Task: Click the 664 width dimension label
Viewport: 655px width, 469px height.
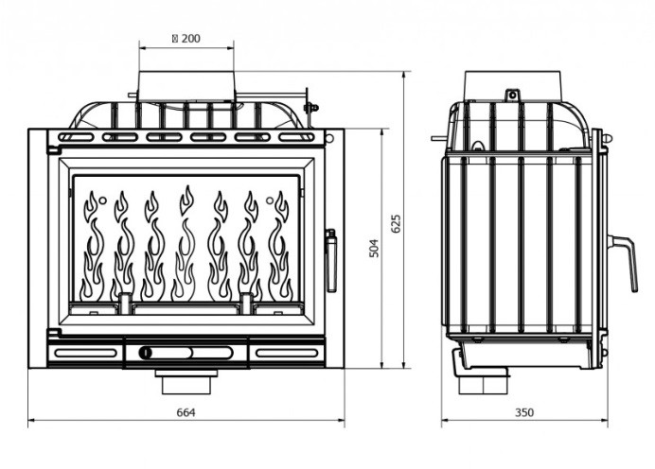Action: coord(186,412)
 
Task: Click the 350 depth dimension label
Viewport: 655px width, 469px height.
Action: coord(524,412)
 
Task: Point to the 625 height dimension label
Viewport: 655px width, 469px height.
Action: coord(397,224)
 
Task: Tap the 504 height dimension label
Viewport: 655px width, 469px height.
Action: coord(375,248)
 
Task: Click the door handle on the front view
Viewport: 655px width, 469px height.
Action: coord(331,260)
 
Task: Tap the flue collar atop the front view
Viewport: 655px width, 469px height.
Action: coord(186,85)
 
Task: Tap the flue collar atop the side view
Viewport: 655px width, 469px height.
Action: coord(513,85)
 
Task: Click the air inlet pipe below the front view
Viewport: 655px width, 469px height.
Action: coord(186,382)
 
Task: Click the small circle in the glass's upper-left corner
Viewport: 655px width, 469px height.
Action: coord(102,200)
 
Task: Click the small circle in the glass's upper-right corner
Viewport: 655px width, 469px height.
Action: coord(270,200)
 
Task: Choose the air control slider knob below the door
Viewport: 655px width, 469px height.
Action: coord(146,353)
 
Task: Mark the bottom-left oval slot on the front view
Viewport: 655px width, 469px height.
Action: coord(85,353)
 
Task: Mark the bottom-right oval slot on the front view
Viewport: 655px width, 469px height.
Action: coord(287,353)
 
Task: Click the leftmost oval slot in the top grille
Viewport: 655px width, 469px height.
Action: coord(76,137)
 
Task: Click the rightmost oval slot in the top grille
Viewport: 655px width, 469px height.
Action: coord(296,137)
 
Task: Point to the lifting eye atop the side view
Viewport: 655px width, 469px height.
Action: coord(512,95)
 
